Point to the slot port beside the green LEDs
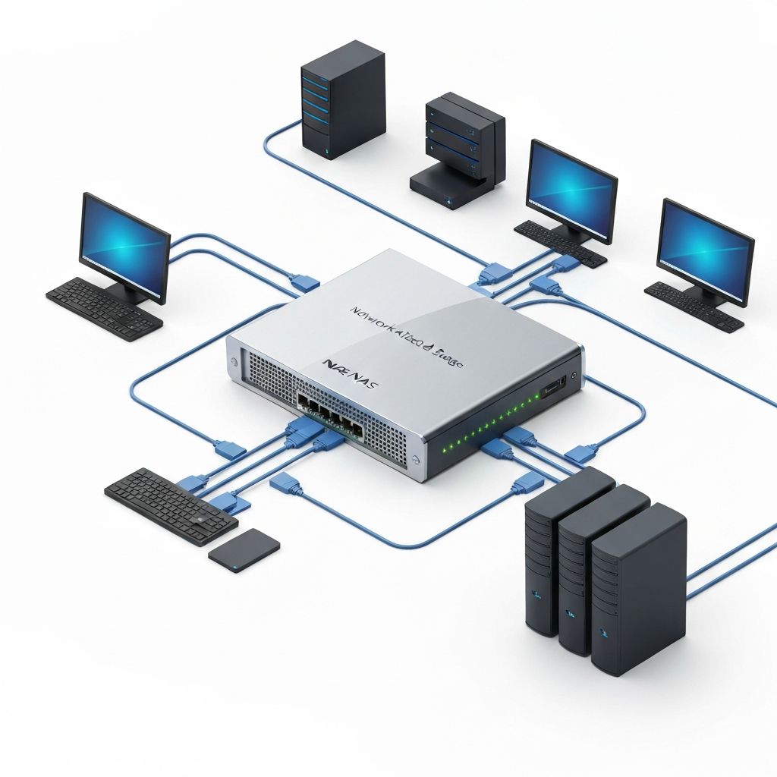pyautogui.click(x=552, y=388)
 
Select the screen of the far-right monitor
pyautogui.click(x=705, y=251)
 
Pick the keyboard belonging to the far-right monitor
pyautogui.click(x=694, y=306)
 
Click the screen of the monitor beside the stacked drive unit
pyautogui.click(x=571, y=189)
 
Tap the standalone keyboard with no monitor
pyautogui.click(x=170, y=505)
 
